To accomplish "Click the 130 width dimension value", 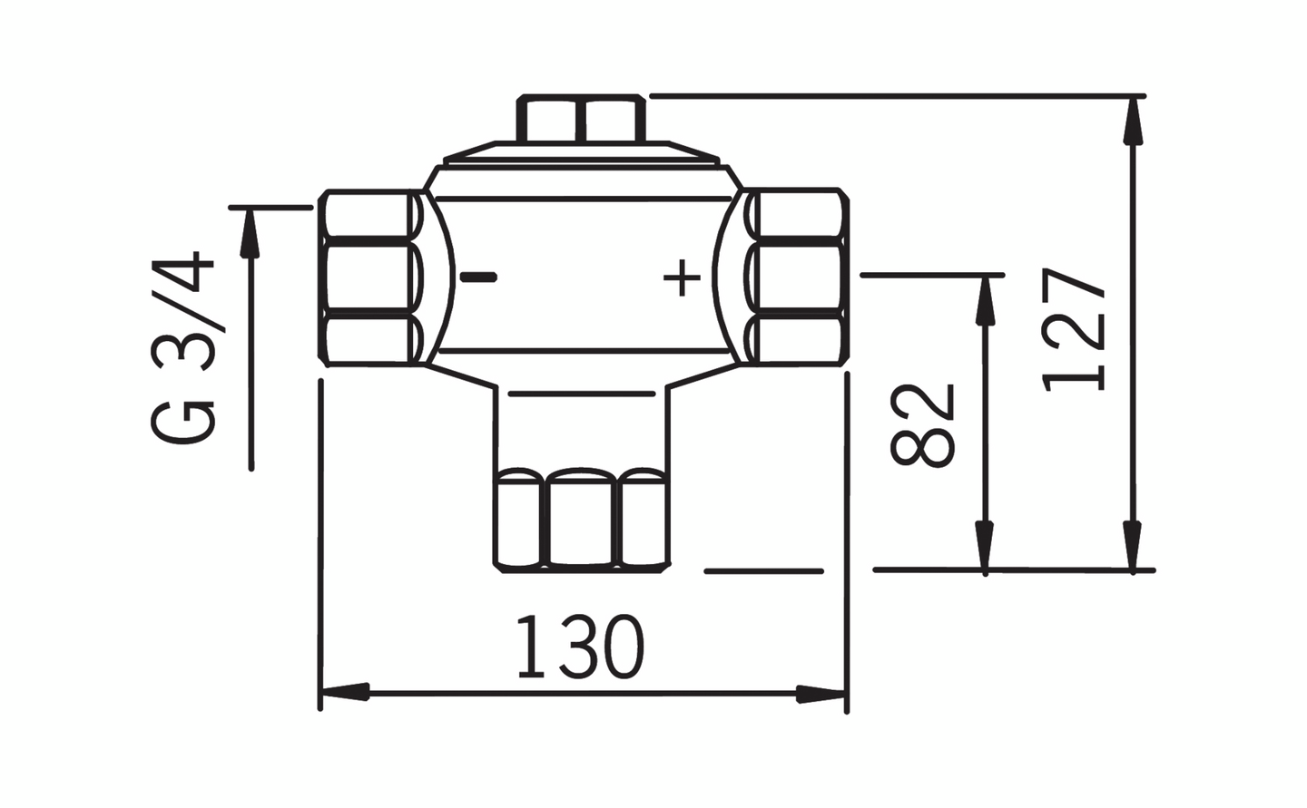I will tap(580, 647).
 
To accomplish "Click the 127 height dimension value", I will tap(1076, 328).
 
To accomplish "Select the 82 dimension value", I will tap(923, 424).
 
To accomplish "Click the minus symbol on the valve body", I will tap(478, 277).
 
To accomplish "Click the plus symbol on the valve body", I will tap(682, 278).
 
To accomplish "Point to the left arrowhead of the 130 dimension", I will tap(345, 693).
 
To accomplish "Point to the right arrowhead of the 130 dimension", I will tap(821, 694).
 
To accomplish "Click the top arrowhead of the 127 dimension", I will tap(1131, 122).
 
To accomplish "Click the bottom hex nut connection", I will tap(581, 519).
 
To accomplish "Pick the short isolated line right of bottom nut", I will tap(763, 571).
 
